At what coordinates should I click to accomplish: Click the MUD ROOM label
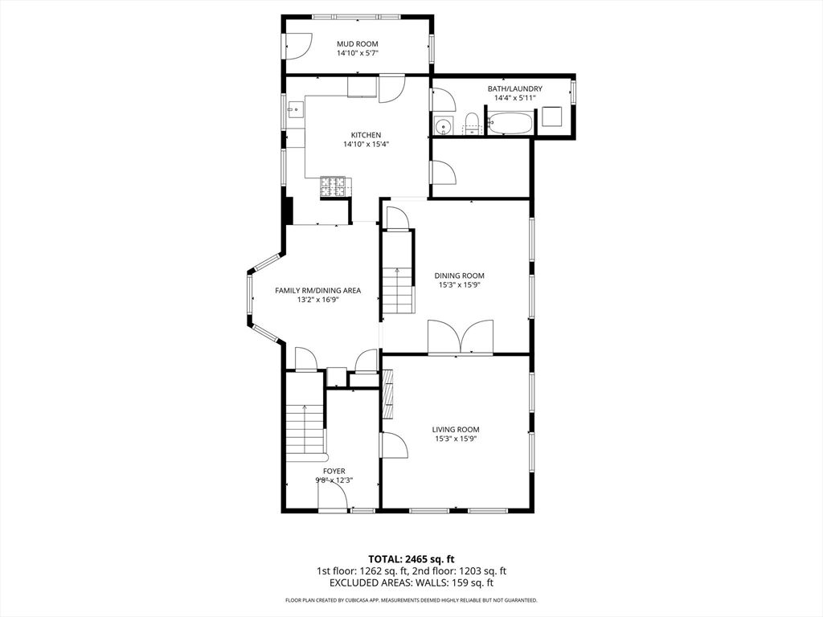click(358, 44)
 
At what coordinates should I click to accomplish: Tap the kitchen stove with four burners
click(334, 186)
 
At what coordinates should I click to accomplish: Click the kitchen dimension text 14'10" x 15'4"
click(366, 145)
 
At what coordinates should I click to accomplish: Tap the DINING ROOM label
click(459, 276)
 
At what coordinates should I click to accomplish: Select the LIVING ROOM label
click(456, 430)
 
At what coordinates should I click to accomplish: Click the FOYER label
click(334, 471)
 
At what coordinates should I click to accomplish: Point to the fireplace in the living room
click(388, 394)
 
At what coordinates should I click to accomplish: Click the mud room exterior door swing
click(299, 47)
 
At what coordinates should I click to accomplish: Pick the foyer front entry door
click(332, 495)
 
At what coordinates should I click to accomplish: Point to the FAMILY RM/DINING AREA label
click(318, 290)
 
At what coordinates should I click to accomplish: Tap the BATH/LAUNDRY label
click(515, 88)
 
